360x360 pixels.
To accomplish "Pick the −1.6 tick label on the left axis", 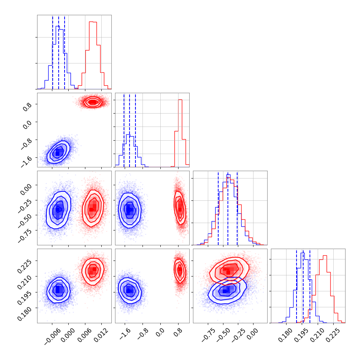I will (26, 159).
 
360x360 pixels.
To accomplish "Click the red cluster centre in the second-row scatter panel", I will (92, 102).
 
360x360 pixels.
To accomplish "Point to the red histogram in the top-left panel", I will (93, 37).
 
